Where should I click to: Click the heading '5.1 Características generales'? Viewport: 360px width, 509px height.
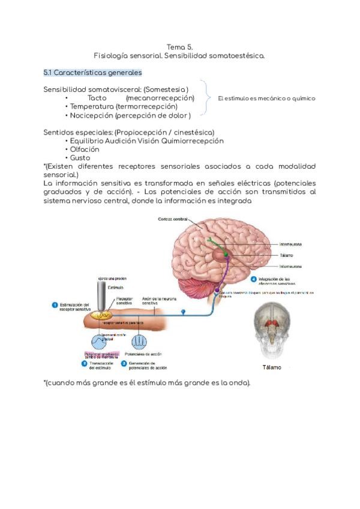[92, 73]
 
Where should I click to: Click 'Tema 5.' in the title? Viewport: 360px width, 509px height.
[179, 47]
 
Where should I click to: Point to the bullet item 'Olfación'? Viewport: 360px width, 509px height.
[85, 149]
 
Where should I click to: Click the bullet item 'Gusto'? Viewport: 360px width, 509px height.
[80, 158]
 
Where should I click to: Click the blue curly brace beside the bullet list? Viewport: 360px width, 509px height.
[206, 97]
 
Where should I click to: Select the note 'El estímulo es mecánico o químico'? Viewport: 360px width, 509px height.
[266, 98]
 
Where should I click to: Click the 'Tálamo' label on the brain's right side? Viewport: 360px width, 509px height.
[286, 255]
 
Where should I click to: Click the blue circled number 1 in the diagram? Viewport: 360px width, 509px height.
[55, 305]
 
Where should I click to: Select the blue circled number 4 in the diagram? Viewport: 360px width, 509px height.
[254, 280]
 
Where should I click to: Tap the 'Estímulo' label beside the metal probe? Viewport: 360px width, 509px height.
[116, 288]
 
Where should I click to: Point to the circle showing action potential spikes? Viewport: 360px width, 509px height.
[139, 342]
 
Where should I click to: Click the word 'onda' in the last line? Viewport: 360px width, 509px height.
[238, 383]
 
